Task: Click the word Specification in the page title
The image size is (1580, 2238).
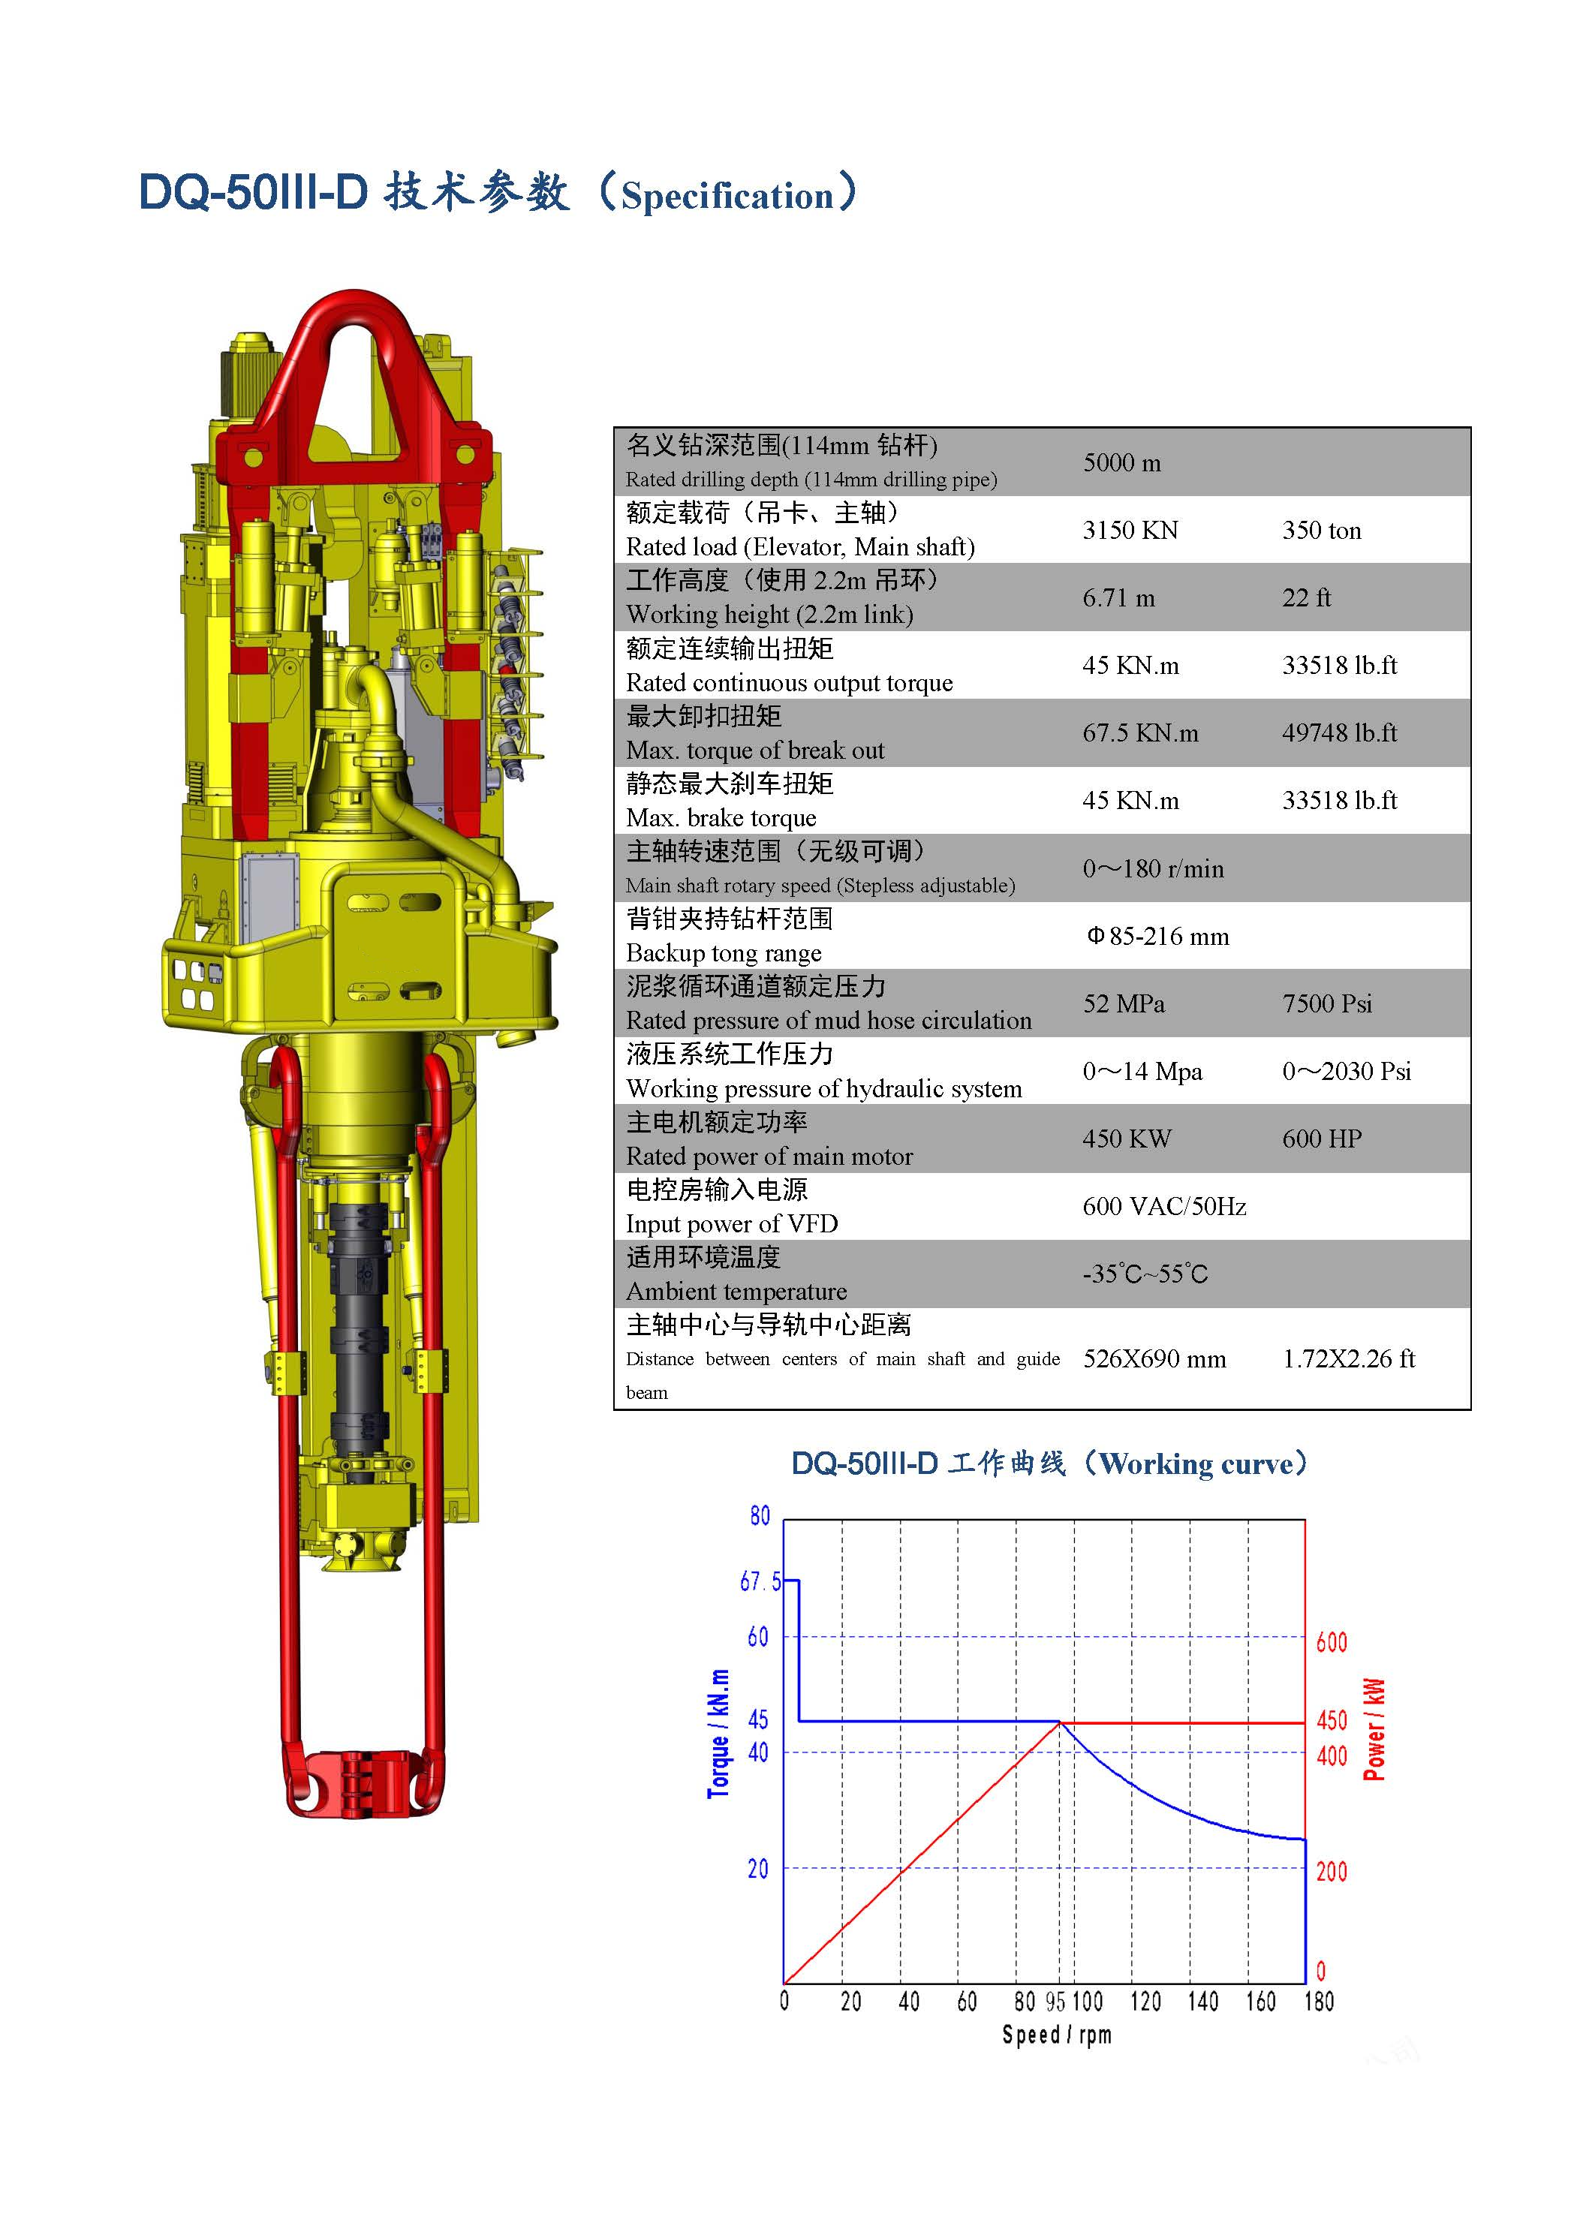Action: pos(727,196)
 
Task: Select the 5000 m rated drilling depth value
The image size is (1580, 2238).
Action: pos(1122,463)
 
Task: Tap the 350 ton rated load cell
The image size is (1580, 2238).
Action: pos(1322,531)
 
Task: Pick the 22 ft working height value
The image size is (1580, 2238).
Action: pos(1306,597)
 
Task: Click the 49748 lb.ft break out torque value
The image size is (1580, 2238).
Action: pos(1339,733)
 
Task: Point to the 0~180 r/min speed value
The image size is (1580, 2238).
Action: pos(1153,868)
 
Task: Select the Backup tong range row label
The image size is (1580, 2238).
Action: pos(724,953)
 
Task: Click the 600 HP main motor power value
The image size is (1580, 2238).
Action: pos(1322,1139)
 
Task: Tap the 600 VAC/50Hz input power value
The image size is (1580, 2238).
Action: pos(1164,1207)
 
